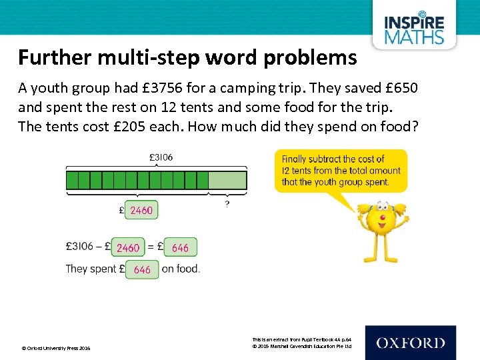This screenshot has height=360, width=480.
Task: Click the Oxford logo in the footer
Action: (411, 343)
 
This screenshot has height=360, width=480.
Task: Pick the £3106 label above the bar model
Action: (161, 158)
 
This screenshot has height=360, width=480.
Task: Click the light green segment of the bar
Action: (227, 180)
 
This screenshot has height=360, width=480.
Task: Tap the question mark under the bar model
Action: (227, 204)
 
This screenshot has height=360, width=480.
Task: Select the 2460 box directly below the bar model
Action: (141, 211)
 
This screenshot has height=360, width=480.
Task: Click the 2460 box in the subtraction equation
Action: (128, 248)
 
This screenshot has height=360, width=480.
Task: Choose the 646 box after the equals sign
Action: (180, 248)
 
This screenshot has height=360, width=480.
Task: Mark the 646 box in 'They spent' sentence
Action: (142, 269)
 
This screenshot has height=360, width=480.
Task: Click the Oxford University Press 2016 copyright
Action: (56, 348)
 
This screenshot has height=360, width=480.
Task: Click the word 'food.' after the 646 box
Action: (189, 269)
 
